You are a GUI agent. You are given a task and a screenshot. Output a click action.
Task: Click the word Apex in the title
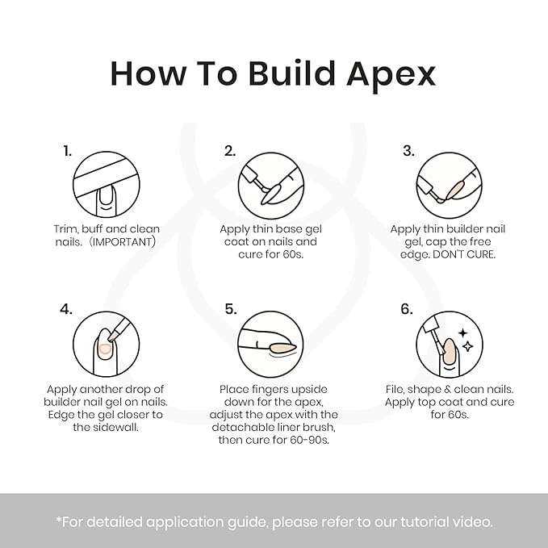pyautogui.click(x=391, y=75)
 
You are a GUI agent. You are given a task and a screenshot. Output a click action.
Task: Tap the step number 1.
pyautogui.click(x=68, y=151)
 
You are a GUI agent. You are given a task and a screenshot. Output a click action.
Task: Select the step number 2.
pyautogui.click(x=230, y=151)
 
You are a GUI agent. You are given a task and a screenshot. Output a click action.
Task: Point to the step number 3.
pyautogui.click(x=408, y=151)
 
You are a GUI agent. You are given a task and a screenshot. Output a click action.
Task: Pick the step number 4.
pyautogui.click(x=66, y=309)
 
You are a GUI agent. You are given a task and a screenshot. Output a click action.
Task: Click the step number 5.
pyautogui.click(x=231, y=309)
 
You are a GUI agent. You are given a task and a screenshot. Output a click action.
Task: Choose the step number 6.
pyautogui.click(x=407, y=309)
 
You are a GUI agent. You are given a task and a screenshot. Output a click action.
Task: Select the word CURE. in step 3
pyautogui.click(x=481, y=254)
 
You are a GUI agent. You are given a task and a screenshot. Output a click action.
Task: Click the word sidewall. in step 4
pyautogui.click(x=106, y=427)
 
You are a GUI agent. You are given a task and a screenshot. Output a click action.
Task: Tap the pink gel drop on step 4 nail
pyautogui.click(x=105, y=349)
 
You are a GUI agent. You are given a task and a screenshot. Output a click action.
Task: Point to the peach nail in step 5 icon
pyautogui.click(x=282, y=348)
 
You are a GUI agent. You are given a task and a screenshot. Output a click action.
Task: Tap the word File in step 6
pyautogui.click(x=395, y=389)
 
